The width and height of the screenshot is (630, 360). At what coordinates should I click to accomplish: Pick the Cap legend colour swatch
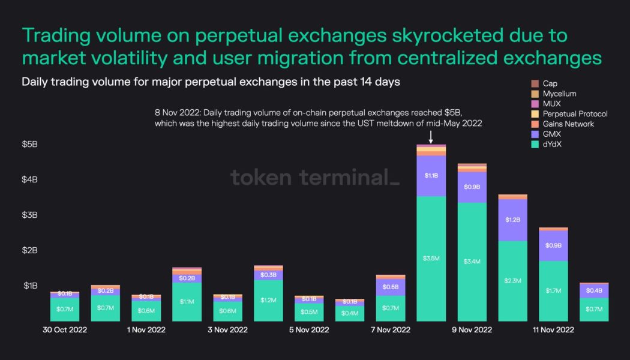pyautogui.click(x=535, y=83)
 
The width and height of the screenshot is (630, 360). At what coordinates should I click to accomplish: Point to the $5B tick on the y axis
pyautogui.click(x=31, y=145)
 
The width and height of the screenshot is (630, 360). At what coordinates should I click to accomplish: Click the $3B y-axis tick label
pyautogui.click(x=31, y=215)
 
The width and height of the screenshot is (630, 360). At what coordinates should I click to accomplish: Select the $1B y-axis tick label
pyautogui.click(x=31, y=286)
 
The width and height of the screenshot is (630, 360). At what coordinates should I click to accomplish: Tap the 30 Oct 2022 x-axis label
pyautogui.click(x=65, y=330)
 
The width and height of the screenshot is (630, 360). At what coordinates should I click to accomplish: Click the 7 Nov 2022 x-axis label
pyautogui.click(x=391, y=330)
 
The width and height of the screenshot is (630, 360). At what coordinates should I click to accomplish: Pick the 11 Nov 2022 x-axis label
pyautogui.click(x=554, y=330)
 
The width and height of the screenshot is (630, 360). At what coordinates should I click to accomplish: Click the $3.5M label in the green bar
pyautogui.click(x=431, y=259)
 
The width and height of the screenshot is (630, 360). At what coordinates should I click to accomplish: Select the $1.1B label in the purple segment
pyautogui.click(x=431, y=176)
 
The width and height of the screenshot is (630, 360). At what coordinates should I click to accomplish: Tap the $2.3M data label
pyautogui.click(x=513, y=281)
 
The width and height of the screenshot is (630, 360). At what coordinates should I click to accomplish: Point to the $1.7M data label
pyautogui.click(x=554, y=290)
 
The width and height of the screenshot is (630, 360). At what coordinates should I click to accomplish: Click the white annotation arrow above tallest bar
pyautogui.click(x=431, y=137)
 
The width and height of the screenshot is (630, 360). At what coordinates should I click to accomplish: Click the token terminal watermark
pyautogui.click(x=314, y=178)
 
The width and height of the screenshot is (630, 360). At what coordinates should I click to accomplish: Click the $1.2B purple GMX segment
pyautogui.click(x=513, y=220)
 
